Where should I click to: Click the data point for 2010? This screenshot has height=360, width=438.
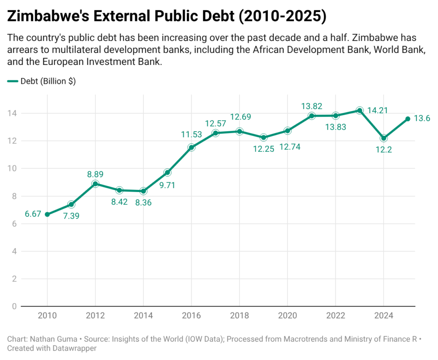pos(47,214)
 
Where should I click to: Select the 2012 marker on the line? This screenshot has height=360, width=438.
pos(95,184)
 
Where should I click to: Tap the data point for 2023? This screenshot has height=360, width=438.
pos(360,110)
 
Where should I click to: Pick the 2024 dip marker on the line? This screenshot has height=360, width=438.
pos(384,138)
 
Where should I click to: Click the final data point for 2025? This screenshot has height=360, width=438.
pos(408,119)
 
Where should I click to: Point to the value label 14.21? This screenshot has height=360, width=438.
pos(377,110)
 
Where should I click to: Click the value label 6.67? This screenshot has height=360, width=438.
pos(33,214)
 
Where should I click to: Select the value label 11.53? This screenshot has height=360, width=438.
pos(191,135)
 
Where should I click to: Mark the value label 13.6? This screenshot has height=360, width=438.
pos(423,119)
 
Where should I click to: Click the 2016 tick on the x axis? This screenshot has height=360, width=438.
pos(191,316)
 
